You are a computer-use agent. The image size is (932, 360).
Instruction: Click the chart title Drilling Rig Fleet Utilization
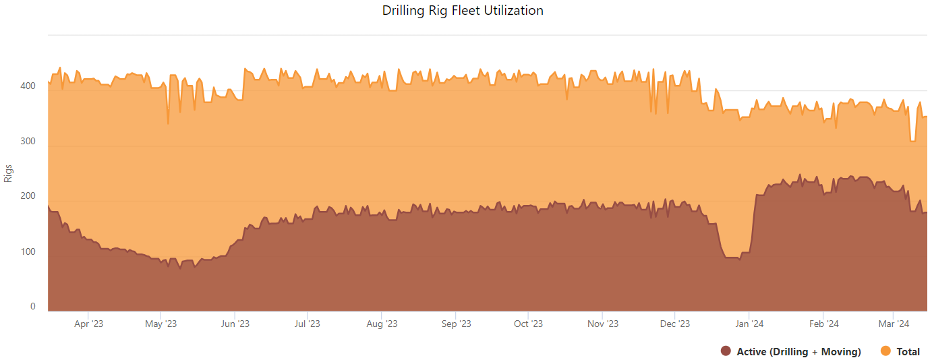[x=463, y=10]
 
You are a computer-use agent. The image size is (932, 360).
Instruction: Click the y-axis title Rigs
[x=9, y=173]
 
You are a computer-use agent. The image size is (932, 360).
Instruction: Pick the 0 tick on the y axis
[x=32, y=307]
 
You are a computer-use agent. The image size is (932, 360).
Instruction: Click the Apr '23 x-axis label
[x=88, y=324]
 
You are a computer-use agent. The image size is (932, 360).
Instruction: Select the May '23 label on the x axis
[x=161, y=324]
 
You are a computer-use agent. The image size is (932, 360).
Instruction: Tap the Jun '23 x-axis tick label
[x=235, y=324]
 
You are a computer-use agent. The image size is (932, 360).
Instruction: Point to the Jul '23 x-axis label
[x=307, y=324]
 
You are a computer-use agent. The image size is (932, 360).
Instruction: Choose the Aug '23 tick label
[x=382, y=324]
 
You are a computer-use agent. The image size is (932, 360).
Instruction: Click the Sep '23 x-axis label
[x=456, y=324]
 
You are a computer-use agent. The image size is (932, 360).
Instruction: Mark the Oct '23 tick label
[x=528, y=324]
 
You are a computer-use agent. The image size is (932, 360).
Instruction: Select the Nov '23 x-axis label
[x=602, y=324]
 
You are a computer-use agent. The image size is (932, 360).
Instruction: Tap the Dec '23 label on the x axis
[x=675, y=324]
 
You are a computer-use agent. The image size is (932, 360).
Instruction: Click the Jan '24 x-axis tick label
[x=749, y=324]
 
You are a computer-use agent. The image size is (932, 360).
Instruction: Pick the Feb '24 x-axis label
[x=823, y=324]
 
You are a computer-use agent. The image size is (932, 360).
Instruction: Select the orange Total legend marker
[x=886, y=351]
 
